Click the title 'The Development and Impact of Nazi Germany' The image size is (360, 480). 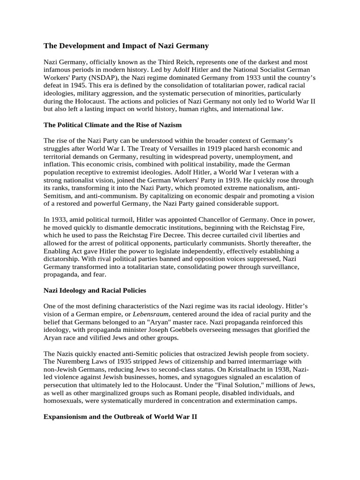(x=126, y=46)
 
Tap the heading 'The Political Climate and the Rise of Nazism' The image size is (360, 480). (x=112, y=125)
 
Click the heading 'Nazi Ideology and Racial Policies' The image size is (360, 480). (x=95, y=291)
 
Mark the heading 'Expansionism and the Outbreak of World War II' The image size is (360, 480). (x=120, y=416)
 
